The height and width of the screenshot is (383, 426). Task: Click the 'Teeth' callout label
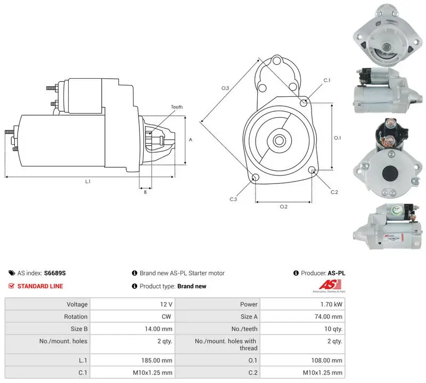(x=177, y=107)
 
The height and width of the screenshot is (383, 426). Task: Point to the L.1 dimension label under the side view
(x=88, y=181)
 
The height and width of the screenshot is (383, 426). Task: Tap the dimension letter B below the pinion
(x=145, y=192)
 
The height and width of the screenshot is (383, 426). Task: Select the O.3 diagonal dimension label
(x=225, y=88)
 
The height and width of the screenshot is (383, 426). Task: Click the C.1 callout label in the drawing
(x=327, y=80)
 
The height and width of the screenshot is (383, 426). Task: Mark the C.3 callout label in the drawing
(x=233, y=199)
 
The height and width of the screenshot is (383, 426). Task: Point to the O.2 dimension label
(x=284, y=207)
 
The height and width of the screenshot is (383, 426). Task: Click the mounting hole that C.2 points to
(x=312, y=170)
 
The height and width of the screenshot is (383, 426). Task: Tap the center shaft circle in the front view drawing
(x=278, y=140)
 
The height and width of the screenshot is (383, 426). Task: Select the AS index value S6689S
(x=55, y=273)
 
